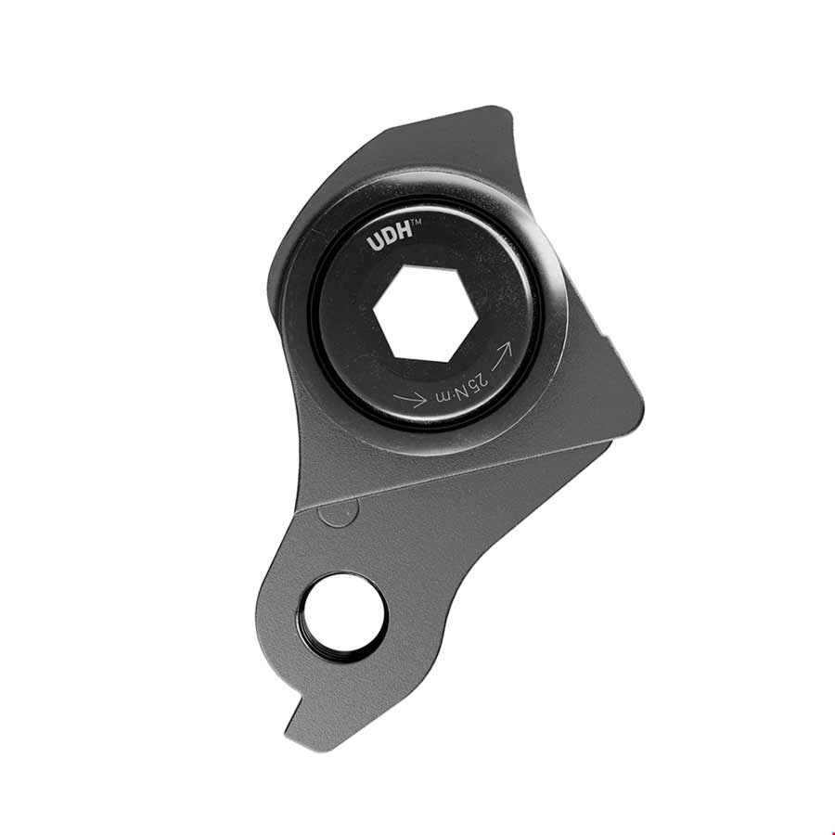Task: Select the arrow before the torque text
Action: [410, 400]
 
